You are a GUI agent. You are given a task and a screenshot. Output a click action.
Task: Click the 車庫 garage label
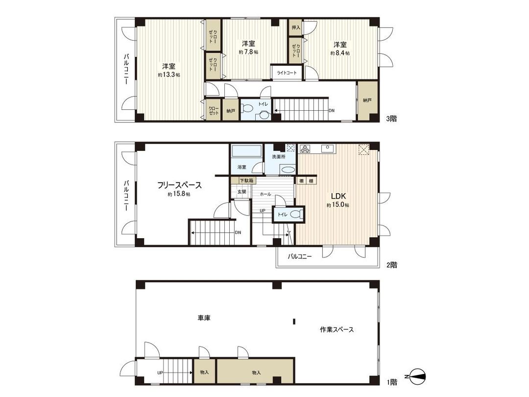pyautogui.click(x=204, y=318)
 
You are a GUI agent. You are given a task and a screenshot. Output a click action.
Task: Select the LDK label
pyautogui.click(x=339, y=196)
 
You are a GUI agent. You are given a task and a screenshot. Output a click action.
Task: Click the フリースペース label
pyautogui.click(x=179, y=185)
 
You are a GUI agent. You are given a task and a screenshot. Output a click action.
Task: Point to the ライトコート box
pyautogui.click(x=287, y=73)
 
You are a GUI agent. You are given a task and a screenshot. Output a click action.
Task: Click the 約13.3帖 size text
pyautogui.click(x=169, y=75)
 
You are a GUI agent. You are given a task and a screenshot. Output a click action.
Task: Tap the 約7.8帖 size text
pyautogui.click(x=249, y=51)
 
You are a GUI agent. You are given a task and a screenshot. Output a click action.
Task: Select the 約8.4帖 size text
pyautogui.click(x=340, y=52)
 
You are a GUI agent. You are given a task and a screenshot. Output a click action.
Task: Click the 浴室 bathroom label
pyautogui.click(x=242, y=167)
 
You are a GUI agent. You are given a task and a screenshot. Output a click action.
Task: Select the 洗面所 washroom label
pyautogui.click(x=279, y=157)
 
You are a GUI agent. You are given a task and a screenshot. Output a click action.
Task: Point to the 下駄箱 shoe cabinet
pyautogui.click(x=243, y=180)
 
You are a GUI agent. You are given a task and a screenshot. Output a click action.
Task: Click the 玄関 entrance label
pyautogui.click(x=242, y=192)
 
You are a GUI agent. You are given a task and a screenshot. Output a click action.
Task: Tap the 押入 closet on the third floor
pyautogui.click(x=296, y=28)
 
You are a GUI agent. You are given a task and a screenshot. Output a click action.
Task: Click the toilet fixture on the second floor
pyautogui.click(x=295, y=214)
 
